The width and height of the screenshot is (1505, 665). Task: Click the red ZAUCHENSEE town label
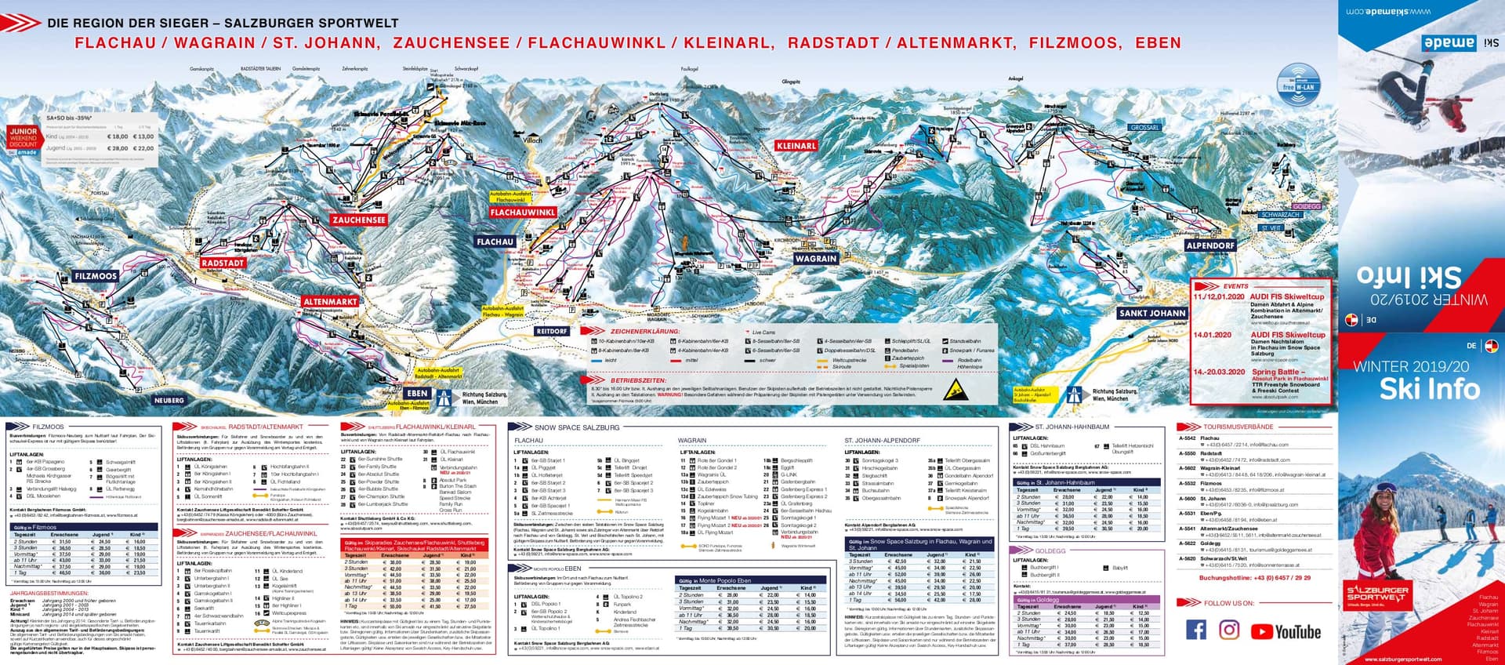tap(359, 220)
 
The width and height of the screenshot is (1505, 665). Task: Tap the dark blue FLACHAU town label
tap(495, 242)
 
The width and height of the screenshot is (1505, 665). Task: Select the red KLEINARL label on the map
tap(796, 146)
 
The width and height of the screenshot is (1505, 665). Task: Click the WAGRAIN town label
tap(816, 259)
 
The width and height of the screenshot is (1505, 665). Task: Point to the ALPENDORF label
tap(1210, 245)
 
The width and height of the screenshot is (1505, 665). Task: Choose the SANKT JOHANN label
tap(1152, 313)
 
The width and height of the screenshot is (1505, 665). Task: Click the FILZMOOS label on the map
tap(96, 277)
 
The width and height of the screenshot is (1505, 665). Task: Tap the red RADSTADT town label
tap(223, 263)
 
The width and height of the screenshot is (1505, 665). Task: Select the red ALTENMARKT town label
tap(330, 302)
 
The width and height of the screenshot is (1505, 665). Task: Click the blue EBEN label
tap(417, 394)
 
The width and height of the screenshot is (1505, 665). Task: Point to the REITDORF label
tap(552, 332)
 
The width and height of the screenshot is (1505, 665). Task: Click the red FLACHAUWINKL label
tap(523, 213)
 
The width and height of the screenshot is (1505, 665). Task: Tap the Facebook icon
tap(1196, 630)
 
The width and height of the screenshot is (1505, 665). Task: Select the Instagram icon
tap(1229, 630)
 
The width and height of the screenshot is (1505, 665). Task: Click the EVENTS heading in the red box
tap(1235, 286)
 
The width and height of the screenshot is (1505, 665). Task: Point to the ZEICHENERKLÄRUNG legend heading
tap(646, 332)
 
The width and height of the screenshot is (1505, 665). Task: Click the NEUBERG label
tap(169, 400)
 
